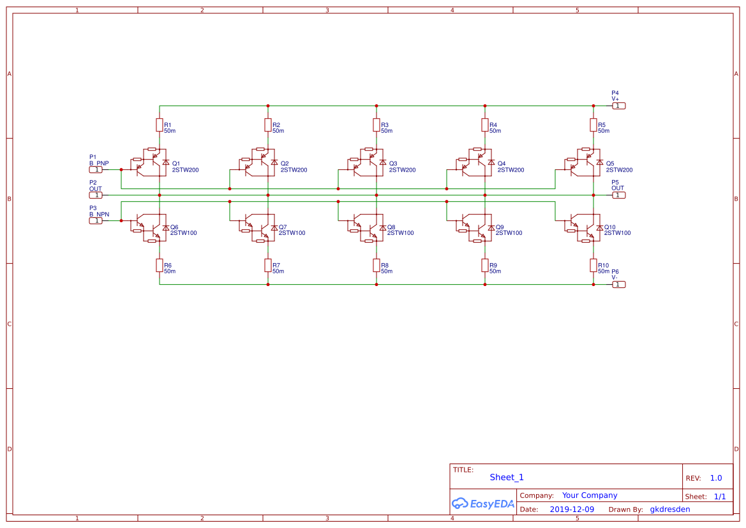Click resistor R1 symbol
click(x=160, y=124)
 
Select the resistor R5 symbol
click(x=593, y=124)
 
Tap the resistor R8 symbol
click(x=377, y=265)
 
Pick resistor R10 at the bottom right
click(x=593, y=265)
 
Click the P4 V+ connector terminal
click(x=619, y=106)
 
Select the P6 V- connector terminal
click(x=619, y=285)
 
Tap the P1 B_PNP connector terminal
click(x=95, y=170)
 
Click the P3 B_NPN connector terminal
click(x=95, y=221)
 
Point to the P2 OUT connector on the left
click(x=95, y=195)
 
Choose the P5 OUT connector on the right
click(x=619, y=195)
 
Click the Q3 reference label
click(x=392, y=163)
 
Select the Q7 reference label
click(x=283, y=227)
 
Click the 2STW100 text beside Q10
click(x=617, y=233)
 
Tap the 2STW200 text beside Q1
click(x=185, y=170)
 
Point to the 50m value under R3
click(x=387, y=131)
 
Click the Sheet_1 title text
click(x=507, y=478)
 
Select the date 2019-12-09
click(x=572, y=509)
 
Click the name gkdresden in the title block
click(x=669, y=509)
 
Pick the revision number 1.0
click(x=716, y=478)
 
